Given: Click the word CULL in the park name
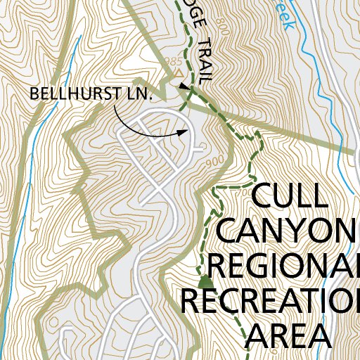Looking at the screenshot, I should tap(289, 196).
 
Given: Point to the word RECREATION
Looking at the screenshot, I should tap(271, 300).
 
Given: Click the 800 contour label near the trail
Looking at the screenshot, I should tap(224, 28).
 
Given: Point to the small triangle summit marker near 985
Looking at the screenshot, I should tap(180, 72).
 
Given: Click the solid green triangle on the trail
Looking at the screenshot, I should tap(205, 282).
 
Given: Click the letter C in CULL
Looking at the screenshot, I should tap(263, 196).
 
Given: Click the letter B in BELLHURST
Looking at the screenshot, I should tap(34, 94).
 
